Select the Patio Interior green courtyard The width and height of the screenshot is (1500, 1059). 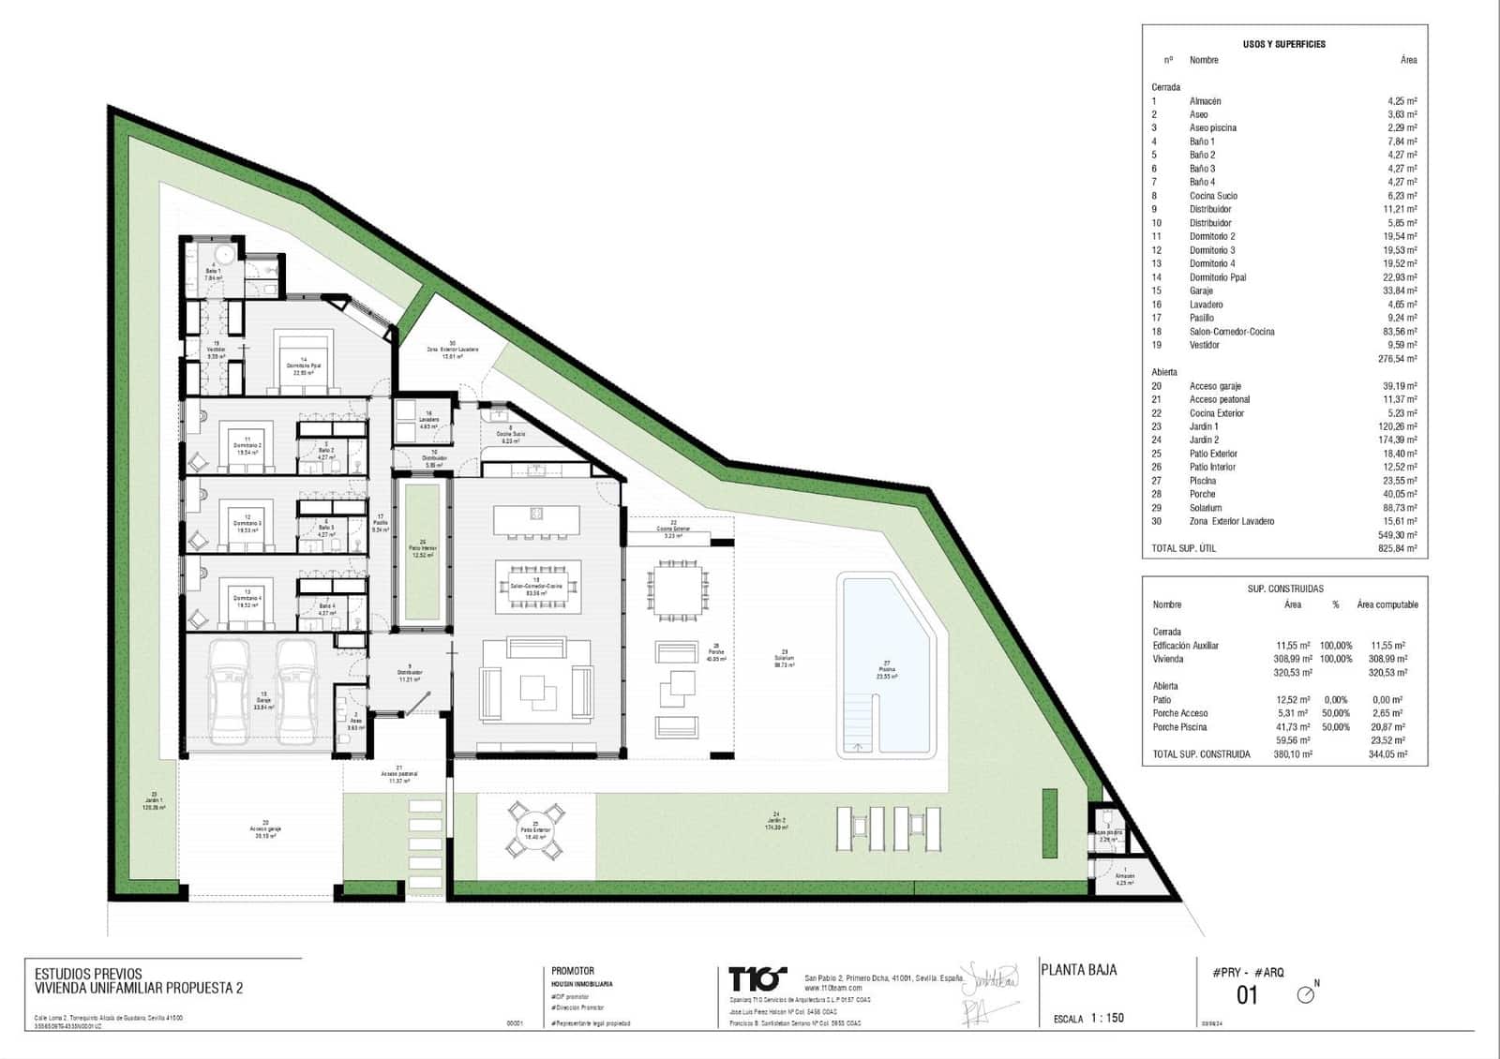click(422, 553)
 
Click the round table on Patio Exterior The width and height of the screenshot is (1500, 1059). click(536, 828)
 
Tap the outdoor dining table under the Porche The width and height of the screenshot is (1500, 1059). click(676, 592)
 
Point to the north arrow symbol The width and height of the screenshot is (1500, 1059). click(1306, 994)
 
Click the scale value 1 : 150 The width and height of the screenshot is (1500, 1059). click(1107, 1018)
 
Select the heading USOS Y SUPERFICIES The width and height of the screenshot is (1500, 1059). click(1283, 44)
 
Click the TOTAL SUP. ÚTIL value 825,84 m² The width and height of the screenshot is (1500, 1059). click(1397, 548)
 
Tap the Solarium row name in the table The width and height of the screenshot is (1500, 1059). click(1206, 508)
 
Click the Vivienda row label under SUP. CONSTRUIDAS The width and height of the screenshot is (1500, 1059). click(1168, 659)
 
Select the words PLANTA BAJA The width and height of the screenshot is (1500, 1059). click(1079, 970)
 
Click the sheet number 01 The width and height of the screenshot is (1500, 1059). click(1247, 995)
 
